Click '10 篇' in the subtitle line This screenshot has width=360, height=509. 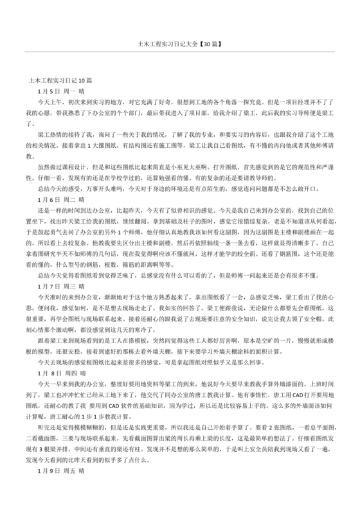point(86,81)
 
